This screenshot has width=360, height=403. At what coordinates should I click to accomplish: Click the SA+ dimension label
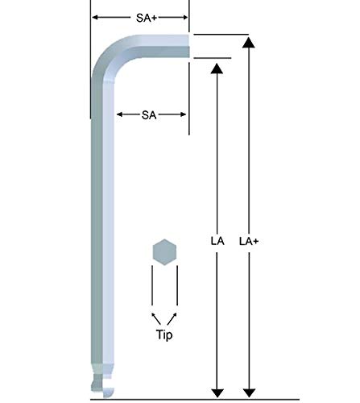point(140,15)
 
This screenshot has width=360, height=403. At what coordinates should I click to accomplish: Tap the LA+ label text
point(250,239)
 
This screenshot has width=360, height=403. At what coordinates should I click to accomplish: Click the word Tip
point(163,332)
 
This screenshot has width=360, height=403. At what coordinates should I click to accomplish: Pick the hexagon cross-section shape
point(163,251)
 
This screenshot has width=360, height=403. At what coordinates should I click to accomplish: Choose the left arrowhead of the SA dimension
point(120,115)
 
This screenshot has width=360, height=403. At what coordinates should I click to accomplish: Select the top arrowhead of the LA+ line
point(250,40)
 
